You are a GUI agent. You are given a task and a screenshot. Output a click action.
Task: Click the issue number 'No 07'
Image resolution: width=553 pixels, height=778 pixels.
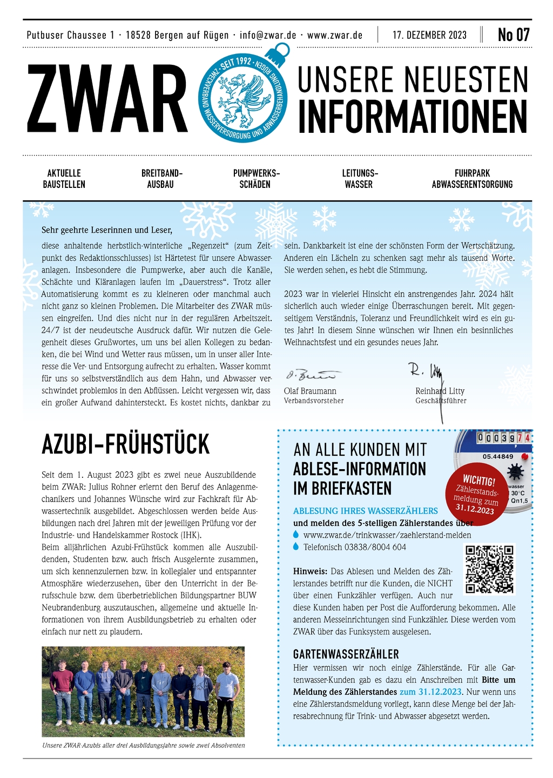(x=513, y=35)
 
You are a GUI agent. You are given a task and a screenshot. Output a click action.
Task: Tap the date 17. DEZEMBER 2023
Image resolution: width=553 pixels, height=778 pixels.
(x=429, y=35)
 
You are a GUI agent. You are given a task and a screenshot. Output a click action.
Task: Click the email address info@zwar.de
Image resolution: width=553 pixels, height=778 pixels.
(x=268, y=35)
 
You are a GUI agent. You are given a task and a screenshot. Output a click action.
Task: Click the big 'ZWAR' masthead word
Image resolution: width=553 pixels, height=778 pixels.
(x=107, y=100)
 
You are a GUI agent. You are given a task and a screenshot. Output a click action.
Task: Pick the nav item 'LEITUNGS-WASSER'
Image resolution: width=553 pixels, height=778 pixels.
(x=360, y=179)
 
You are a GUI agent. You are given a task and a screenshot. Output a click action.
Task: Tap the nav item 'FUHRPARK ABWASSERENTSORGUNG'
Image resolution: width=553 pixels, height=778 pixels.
(x=472, y=179)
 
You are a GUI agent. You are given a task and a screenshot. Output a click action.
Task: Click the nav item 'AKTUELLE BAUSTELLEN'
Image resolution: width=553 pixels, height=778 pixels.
(x=64, y=179)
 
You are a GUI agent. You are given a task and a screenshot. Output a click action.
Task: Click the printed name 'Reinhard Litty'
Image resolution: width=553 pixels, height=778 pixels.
(x=440, y=391)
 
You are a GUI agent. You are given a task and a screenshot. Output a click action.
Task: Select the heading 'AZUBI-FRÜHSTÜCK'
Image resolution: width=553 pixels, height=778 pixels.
(x=125, y=444)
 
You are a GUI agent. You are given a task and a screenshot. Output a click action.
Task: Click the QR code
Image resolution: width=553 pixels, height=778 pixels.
(x=490, y=569)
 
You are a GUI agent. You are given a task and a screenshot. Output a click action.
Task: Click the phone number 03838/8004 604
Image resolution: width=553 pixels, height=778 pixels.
(x=354, y=547)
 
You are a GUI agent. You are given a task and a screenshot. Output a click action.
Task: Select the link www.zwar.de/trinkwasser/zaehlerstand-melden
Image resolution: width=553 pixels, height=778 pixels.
(x=387, y=535)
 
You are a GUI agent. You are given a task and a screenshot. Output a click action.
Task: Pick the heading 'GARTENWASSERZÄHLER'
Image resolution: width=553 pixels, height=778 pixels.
(x=346, y=654)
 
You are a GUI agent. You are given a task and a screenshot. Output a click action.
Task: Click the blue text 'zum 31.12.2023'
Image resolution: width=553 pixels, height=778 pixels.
(x=430, y=692)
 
